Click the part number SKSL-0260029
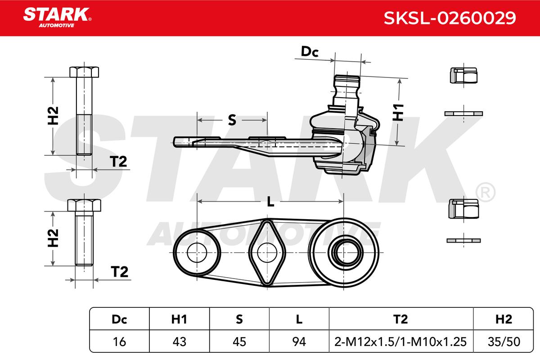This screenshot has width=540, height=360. tap(450, 18)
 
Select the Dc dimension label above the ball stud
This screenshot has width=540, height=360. tap(310, 52)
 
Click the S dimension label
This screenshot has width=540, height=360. tap(232, 120)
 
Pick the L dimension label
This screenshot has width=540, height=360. tap(270, 202)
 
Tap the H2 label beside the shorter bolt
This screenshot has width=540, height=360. tap(53, 238)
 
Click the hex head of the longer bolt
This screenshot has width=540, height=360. tap(84, 72)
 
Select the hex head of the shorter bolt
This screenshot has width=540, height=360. tap(84, 206)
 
